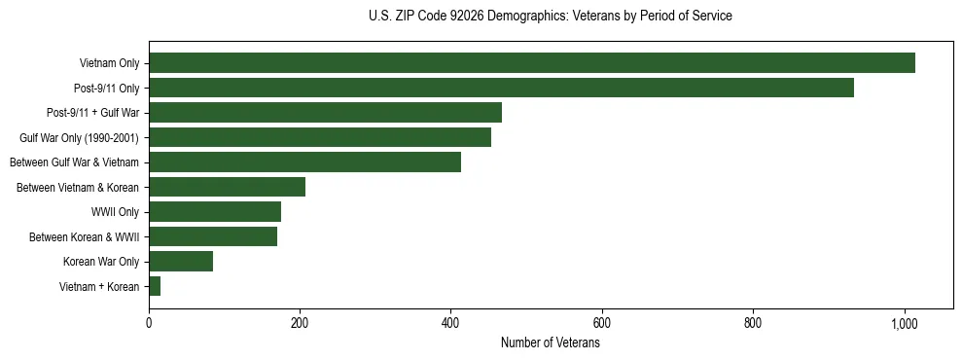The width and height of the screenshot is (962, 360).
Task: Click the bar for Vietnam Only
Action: point(532,63)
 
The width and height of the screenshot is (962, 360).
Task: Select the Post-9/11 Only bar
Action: point(501,88)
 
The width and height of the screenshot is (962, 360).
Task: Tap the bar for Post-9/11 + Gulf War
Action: point(325,113)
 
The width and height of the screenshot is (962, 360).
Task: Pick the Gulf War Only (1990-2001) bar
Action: point(320,137)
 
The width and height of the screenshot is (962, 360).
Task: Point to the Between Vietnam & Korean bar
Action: point(227,187)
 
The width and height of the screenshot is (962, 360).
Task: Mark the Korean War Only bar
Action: point(181,262)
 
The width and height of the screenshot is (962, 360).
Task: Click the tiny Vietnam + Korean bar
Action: point(155,286)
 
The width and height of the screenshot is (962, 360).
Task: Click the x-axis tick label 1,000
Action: point(905,322)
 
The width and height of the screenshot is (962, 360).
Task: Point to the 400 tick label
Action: point(450,322)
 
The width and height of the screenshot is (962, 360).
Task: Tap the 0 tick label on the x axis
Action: point(149,322)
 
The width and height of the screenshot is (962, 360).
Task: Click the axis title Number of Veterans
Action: point(550,343)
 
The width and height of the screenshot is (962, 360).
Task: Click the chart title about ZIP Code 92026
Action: point(551,17)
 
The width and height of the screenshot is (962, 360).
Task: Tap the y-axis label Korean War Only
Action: point(101,262)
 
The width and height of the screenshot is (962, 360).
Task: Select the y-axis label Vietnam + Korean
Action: point(99,287)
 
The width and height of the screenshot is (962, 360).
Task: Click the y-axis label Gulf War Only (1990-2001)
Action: point(79,138)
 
